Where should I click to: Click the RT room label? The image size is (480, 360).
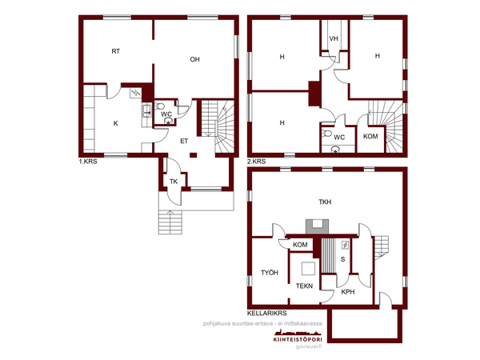(116, 51)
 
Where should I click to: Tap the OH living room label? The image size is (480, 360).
(194, 59)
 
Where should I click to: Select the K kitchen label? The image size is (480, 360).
(116, 123)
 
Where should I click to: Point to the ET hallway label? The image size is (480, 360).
(184, 141)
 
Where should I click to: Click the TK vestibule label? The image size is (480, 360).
(174, 182)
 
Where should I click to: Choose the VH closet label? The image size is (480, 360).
(334, 39)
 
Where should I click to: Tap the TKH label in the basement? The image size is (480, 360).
(325, 202)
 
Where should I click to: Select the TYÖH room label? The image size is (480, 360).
(270, 273)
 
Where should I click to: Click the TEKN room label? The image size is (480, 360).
(304, 286)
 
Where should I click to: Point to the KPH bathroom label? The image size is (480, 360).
(348, 292)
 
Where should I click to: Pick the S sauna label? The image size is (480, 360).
(342, 259)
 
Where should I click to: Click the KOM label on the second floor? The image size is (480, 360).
(370, 136)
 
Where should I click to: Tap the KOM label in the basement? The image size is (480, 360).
(300, 245)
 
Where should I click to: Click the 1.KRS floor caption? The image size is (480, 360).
(88, 162)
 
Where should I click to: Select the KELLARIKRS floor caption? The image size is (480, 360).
(267, 313)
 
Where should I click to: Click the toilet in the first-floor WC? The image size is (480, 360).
(159, 106)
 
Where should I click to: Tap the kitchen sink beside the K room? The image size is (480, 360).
(146, 111)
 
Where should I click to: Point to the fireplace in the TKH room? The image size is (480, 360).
(317, 226)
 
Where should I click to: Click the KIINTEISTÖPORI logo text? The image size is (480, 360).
(298, 339)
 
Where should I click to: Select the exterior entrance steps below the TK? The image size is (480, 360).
(170, 222)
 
